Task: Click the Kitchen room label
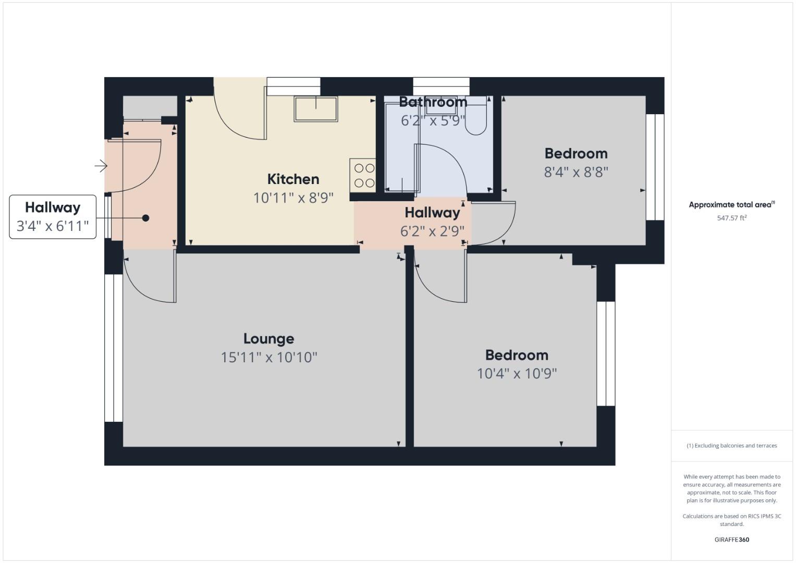click(x=293, y=179)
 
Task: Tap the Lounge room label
click(x=268, y=339)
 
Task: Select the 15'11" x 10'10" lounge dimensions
click(x=269, y=358)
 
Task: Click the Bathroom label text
click(x=433, y=102)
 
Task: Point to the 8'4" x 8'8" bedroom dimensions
click(x=576, y=172)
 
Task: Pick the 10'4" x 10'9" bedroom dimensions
click(x=517, y=374)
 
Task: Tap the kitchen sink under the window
click(x=316, y=108)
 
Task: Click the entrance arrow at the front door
click(x=101, y=166)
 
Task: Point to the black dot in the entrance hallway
click(x=146, y=218)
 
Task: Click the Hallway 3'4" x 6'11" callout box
click(x=53, y=217)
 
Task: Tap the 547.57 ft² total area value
click(x=731, y=218)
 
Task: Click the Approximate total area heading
click(x=731, y=205)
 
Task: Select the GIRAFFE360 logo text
click(x=731, y=540)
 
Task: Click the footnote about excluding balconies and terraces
click(x=731, y=446)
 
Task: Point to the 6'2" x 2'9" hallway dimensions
click(x=432, y=231)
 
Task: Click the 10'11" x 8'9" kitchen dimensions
click(x=293, y=198)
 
